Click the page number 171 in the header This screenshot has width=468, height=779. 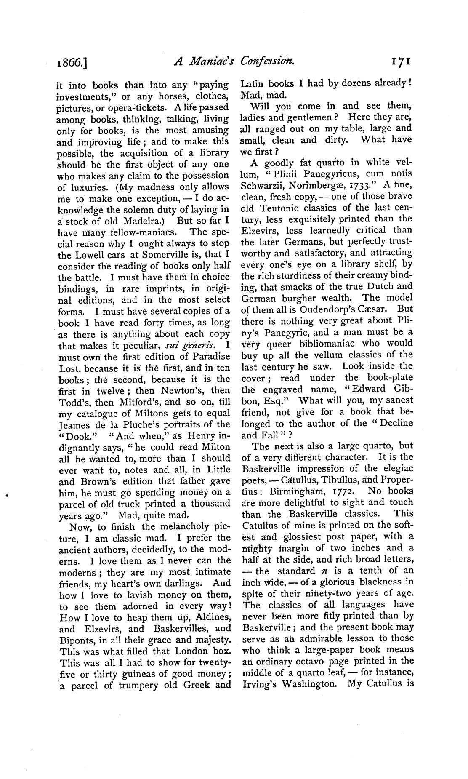pos(401,62)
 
